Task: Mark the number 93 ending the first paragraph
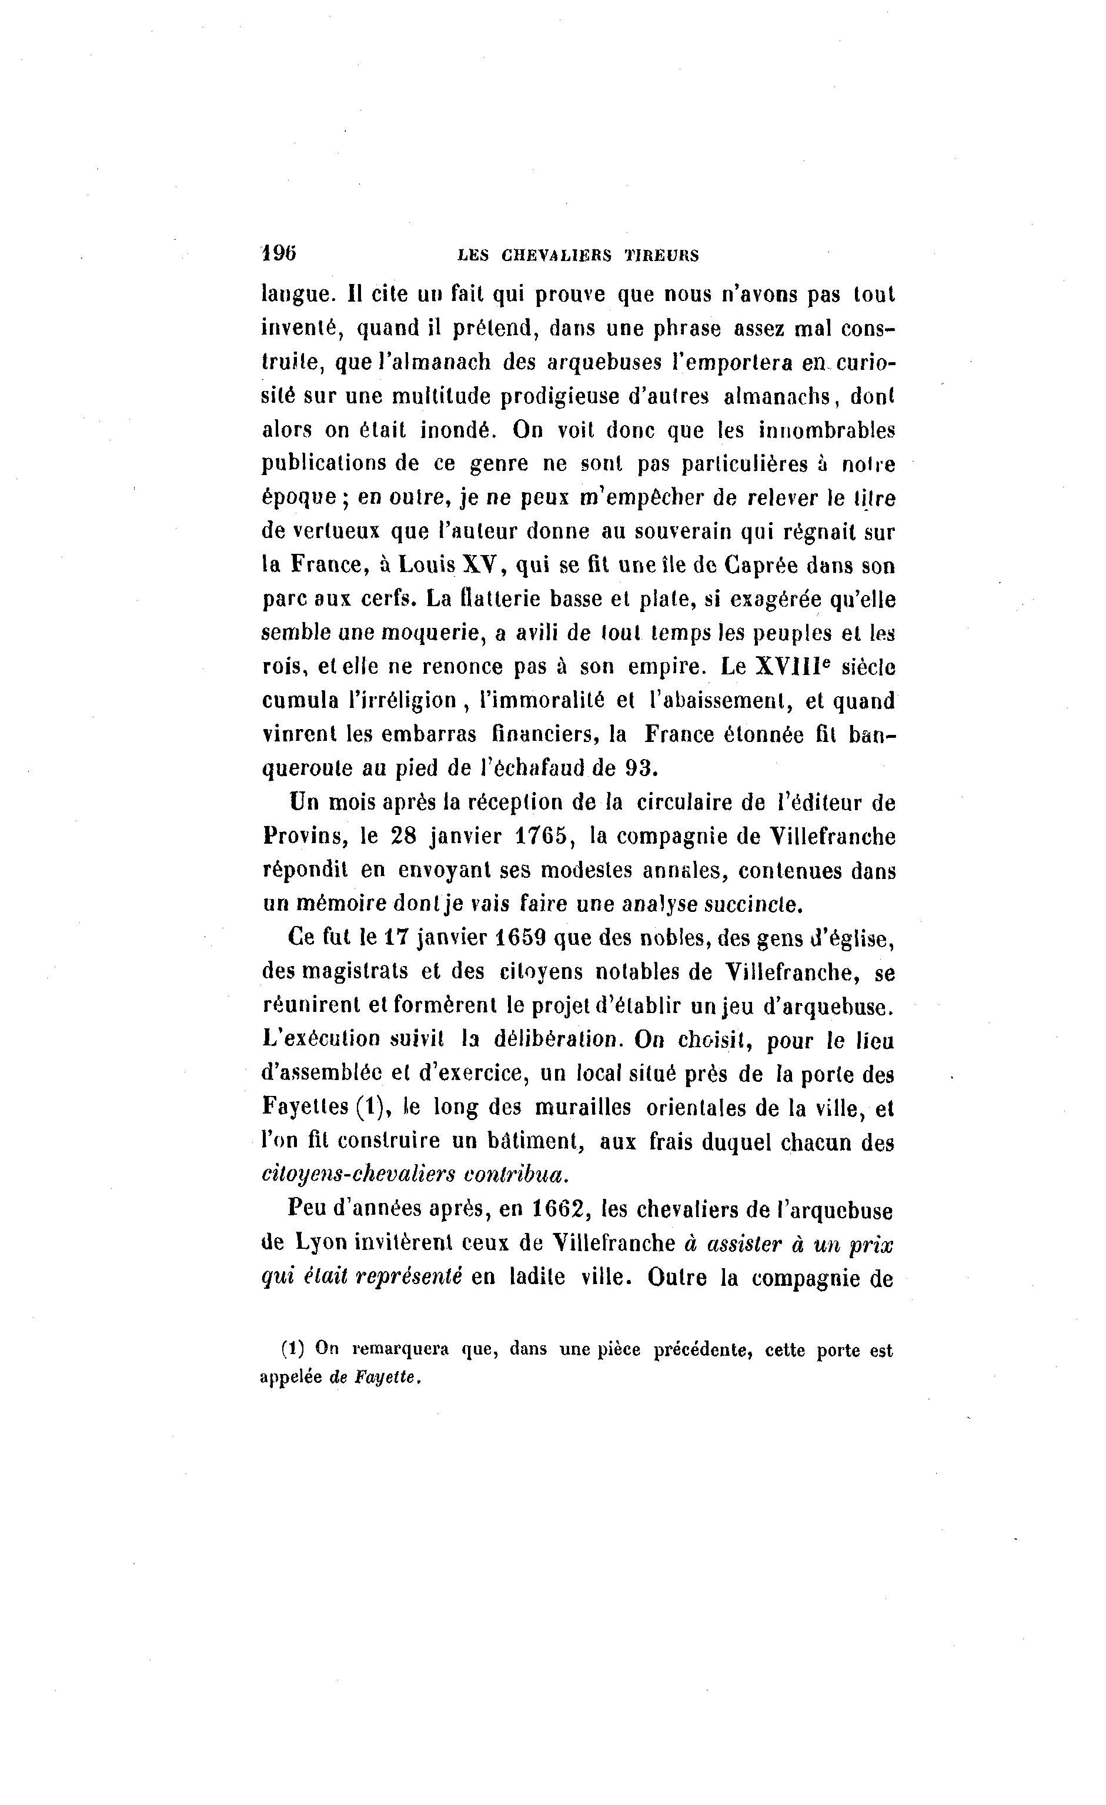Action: click(x=641, y=768)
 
